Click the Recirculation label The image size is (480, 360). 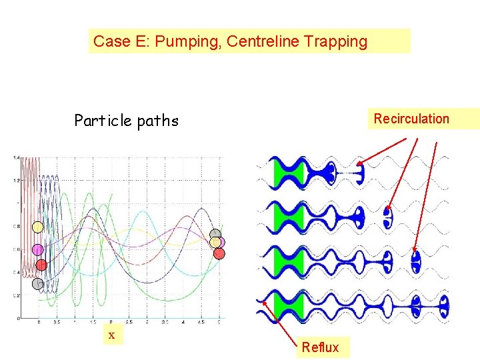pos(411,119)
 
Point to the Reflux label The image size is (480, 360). pos(320,347)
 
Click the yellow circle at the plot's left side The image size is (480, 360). pos(38,227)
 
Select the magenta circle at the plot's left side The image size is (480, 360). pos(38,250)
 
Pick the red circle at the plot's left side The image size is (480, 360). pos(41,265)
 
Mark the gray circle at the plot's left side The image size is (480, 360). pos(38,283)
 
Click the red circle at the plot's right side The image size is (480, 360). pos(219,253)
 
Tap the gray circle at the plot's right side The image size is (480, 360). pos(215,234)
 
